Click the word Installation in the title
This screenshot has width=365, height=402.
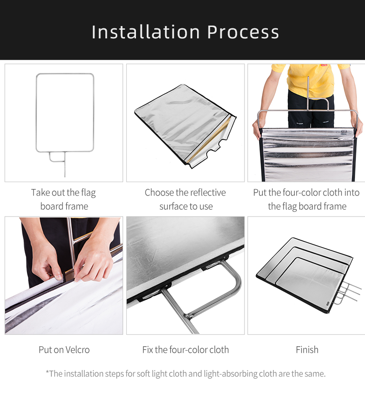[146, 32]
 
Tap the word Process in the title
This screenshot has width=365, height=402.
[243, 32]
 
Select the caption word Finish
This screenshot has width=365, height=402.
[307, 350]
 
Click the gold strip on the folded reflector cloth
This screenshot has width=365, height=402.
[208, 141]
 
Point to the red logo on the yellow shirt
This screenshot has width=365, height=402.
[324, 65]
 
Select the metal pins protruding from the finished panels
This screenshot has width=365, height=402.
[347, 292]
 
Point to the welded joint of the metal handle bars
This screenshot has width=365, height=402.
[188, 316]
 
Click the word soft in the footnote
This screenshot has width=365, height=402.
[143, 374]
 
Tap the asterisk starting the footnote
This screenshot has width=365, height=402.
[47, 372]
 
